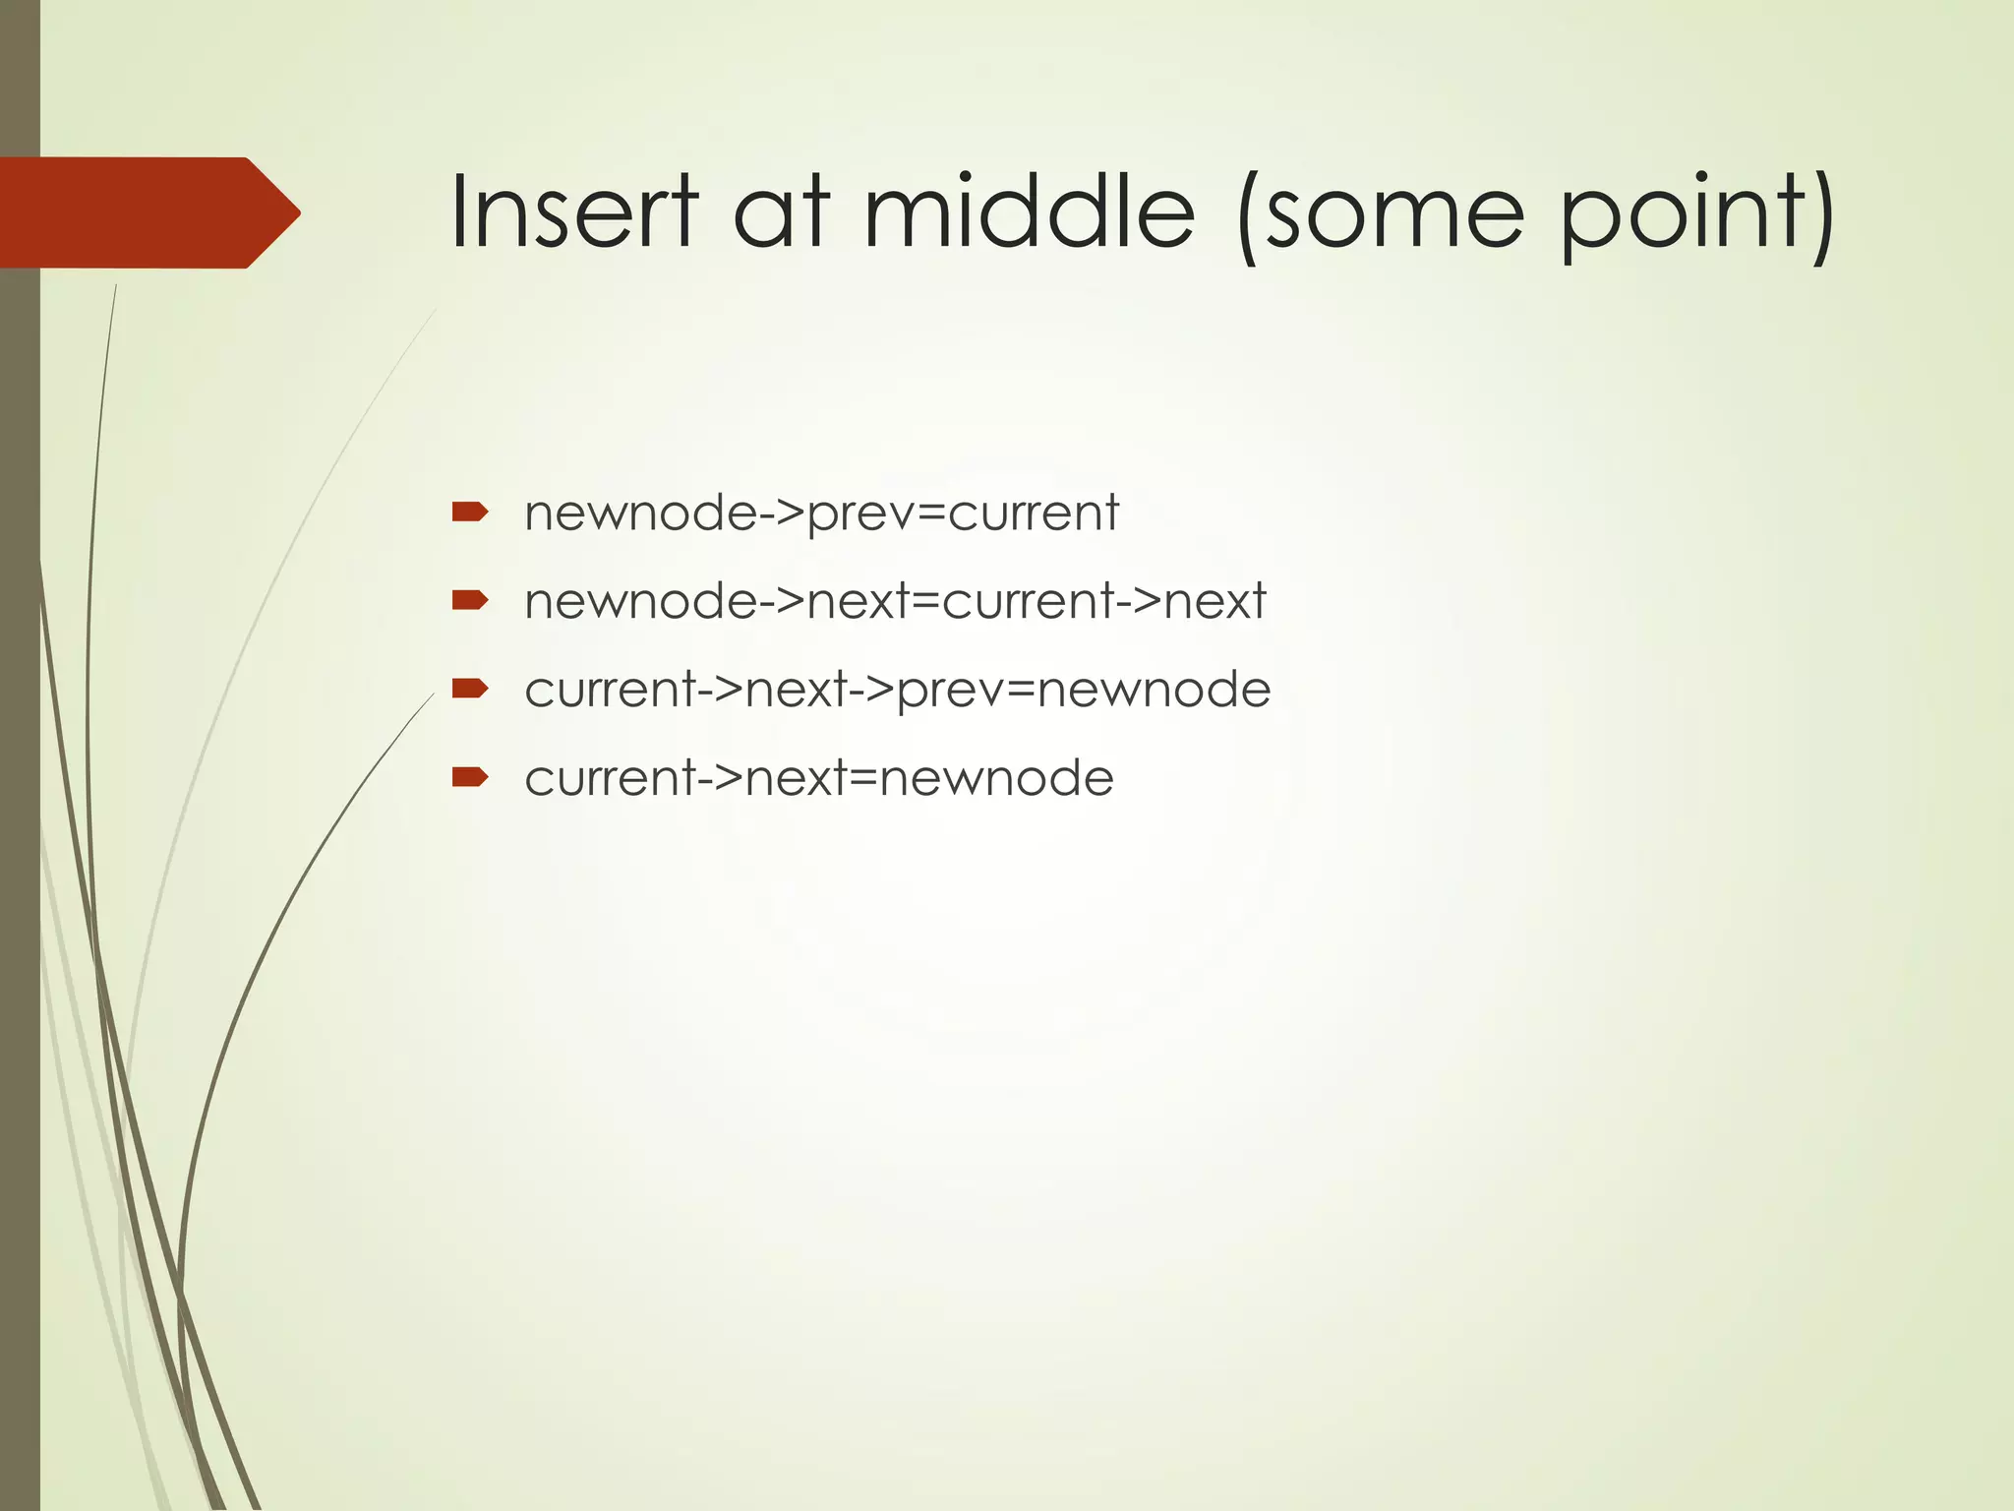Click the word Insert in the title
573,212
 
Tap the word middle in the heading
1029,212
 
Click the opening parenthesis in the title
1247,216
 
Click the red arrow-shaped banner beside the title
148,212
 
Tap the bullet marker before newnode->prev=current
469,512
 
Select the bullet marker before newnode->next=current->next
469,600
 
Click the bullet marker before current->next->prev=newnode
469,688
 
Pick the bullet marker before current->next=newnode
469,777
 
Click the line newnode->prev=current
821,514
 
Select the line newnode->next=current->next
895,601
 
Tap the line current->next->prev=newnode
897,690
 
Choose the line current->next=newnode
818,778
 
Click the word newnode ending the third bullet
1153,690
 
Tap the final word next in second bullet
1214,601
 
